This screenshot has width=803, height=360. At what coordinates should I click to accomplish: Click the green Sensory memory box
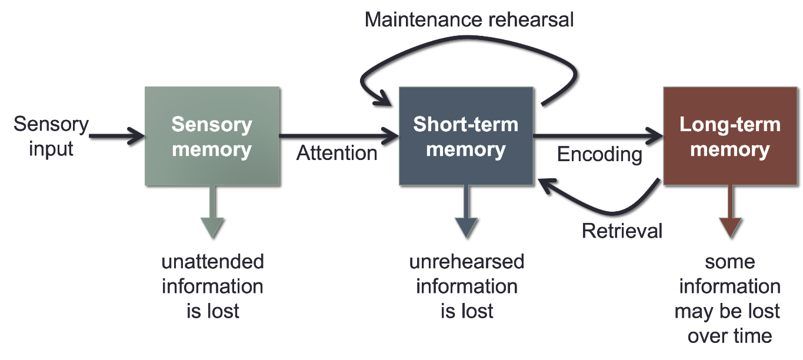click(x=212, y=136)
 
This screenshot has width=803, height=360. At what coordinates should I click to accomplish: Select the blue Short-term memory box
click(x=466, y=136)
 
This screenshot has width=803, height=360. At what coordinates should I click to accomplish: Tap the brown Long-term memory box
click(x=729, y=136)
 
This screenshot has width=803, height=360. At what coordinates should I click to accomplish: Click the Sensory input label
click(x=51, y=136)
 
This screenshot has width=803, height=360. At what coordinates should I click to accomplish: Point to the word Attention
click(x=336, y=154)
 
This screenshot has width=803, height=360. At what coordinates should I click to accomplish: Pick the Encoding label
click(x=599, y=154)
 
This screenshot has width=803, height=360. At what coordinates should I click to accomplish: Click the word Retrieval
click(x=622, y=231)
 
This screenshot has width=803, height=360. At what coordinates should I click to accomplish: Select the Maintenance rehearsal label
click(x=469, y=19)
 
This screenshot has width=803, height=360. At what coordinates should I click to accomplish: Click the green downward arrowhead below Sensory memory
click(x=212, y=226)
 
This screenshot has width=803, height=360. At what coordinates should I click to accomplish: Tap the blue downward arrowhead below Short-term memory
click(x=466, y=226)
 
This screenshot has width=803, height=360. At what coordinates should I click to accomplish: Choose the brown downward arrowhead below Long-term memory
click(x=729, y=226)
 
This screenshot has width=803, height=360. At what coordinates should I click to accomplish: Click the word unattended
click(x=212, y=262)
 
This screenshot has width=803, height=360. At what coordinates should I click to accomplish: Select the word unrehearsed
click(x=467, y=262)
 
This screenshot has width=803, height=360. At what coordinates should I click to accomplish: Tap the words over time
click(x=729, y=336)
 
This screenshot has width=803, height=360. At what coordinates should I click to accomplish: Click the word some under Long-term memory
click(x=729, y=262)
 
